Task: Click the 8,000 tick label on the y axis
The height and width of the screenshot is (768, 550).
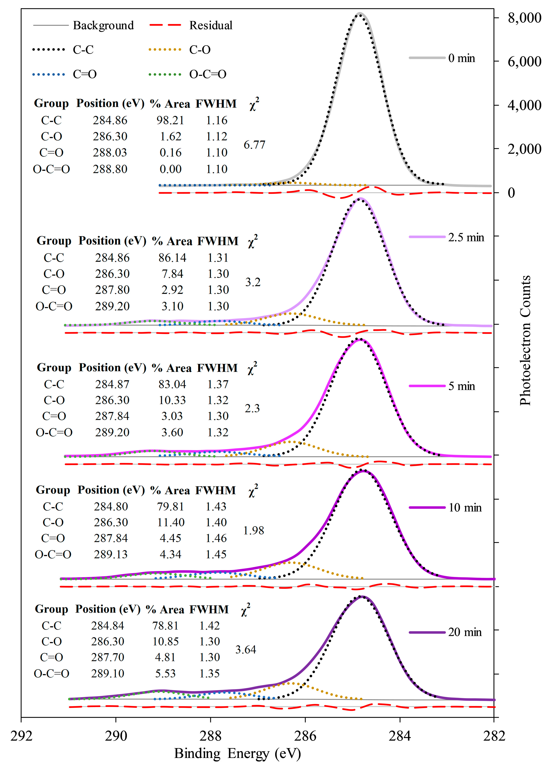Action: pyautogui.click(x=524, y=18)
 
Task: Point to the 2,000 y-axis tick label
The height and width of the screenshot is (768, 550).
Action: pyautogui.click(x=524, y=149)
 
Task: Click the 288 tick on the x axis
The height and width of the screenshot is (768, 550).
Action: pyautogui.click(x=210, y=735)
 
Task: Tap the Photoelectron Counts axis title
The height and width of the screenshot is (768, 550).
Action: pyautogui.click(x=525, y=340)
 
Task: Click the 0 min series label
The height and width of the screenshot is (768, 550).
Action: pyautogui.click(x=461, y=58)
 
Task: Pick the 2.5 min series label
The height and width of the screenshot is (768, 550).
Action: pyautogui.click(x=466, y=237)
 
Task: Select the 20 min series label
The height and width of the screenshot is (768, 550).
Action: pyautogui.click(x=465, y=632)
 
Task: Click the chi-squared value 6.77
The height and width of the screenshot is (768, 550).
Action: pyautogui.click(x=254, y=145)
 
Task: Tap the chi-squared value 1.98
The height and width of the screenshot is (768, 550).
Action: pyautogui.click(x=253, y=530)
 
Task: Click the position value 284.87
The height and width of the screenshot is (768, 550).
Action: pyautogui.click(x=112, y=384)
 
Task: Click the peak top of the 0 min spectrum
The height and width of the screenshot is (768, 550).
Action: pyautogui.click(x=360, y=14)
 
